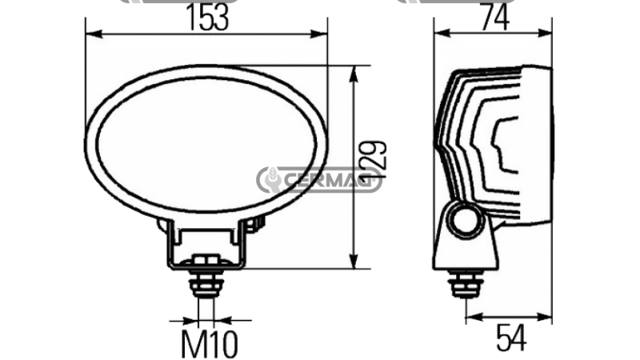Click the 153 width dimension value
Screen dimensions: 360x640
tap(206, 18)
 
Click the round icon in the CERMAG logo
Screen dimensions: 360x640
tap(273, 180)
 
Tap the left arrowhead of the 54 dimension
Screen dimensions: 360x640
tap(471, 318)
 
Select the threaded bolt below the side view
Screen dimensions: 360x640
tap(465, 283)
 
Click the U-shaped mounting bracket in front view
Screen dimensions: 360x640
tap(206, 244)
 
